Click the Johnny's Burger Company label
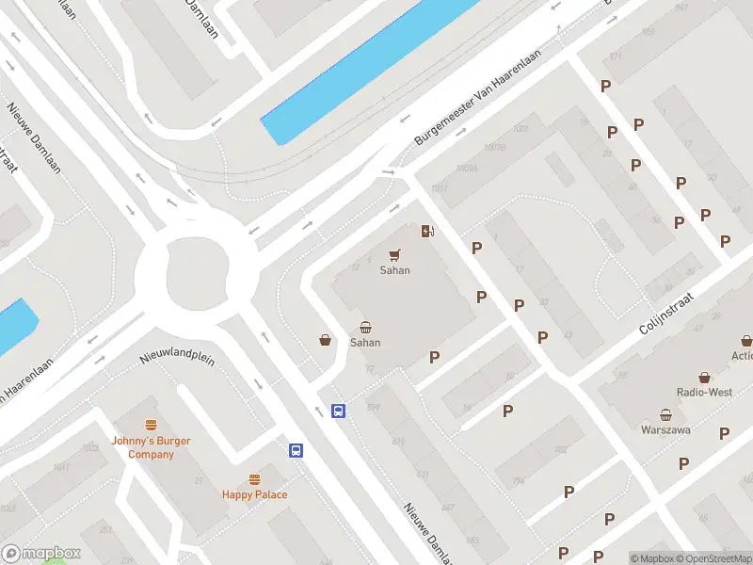click(x=152, y=448)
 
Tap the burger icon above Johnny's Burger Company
click(x=151, y=426)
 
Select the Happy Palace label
click(x=254, y=494)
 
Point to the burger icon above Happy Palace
click(x=254, y=479)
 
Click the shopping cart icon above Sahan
click(x=394, y=254)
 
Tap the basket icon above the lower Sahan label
click(x=365, y=328)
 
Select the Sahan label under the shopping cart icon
click(x=394, y=270)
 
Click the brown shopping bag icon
click(x=325, y=340)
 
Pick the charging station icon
click(x=427, y=231)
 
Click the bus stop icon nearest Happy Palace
click(x=296, y=450)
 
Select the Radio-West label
click(x=704, y=392)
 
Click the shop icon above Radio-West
click(x=704, y=377)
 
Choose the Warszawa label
click(x=665, y=430)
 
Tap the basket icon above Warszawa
click(x=665, y=414)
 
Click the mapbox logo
click(x=41, y=554)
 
